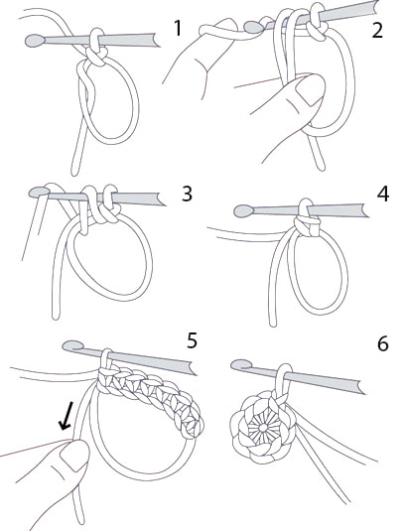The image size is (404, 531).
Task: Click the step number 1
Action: [x=178, y=28]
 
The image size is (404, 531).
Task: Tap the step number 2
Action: [x=377, y=30]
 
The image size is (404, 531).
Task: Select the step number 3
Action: [x=187, y=195]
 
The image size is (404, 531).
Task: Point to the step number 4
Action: [x=383, y=195]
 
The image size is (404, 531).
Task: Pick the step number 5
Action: [x=192, y=340]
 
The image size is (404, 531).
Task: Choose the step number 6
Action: [x=383, y=343]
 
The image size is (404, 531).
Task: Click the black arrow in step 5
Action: [x=66, y=416]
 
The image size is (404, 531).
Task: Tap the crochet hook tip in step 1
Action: [x=35, y=41]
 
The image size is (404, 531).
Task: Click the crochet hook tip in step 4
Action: [x=244, y=211]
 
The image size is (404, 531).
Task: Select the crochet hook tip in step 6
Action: [x=241, y=365]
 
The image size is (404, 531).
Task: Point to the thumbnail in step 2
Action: [x=308, y=88]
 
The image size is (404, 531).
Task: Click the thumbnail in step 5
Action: [x=72, y=457]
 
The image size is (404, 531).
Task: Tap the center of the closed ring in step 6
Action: [x=262, y=428]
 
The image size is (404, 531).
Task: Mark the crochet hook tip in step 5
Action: [x=72, y=345]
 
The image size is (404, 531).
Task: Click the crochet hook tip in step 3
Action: [x=39, y=192]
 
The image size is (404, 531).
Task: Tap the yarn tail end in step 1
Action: [x=74, y=173]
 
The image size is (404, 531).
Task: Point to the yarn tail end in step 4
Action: [x=273, y=325]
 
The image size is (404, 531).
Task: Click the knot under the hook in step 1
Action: [x=96, y=57]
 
